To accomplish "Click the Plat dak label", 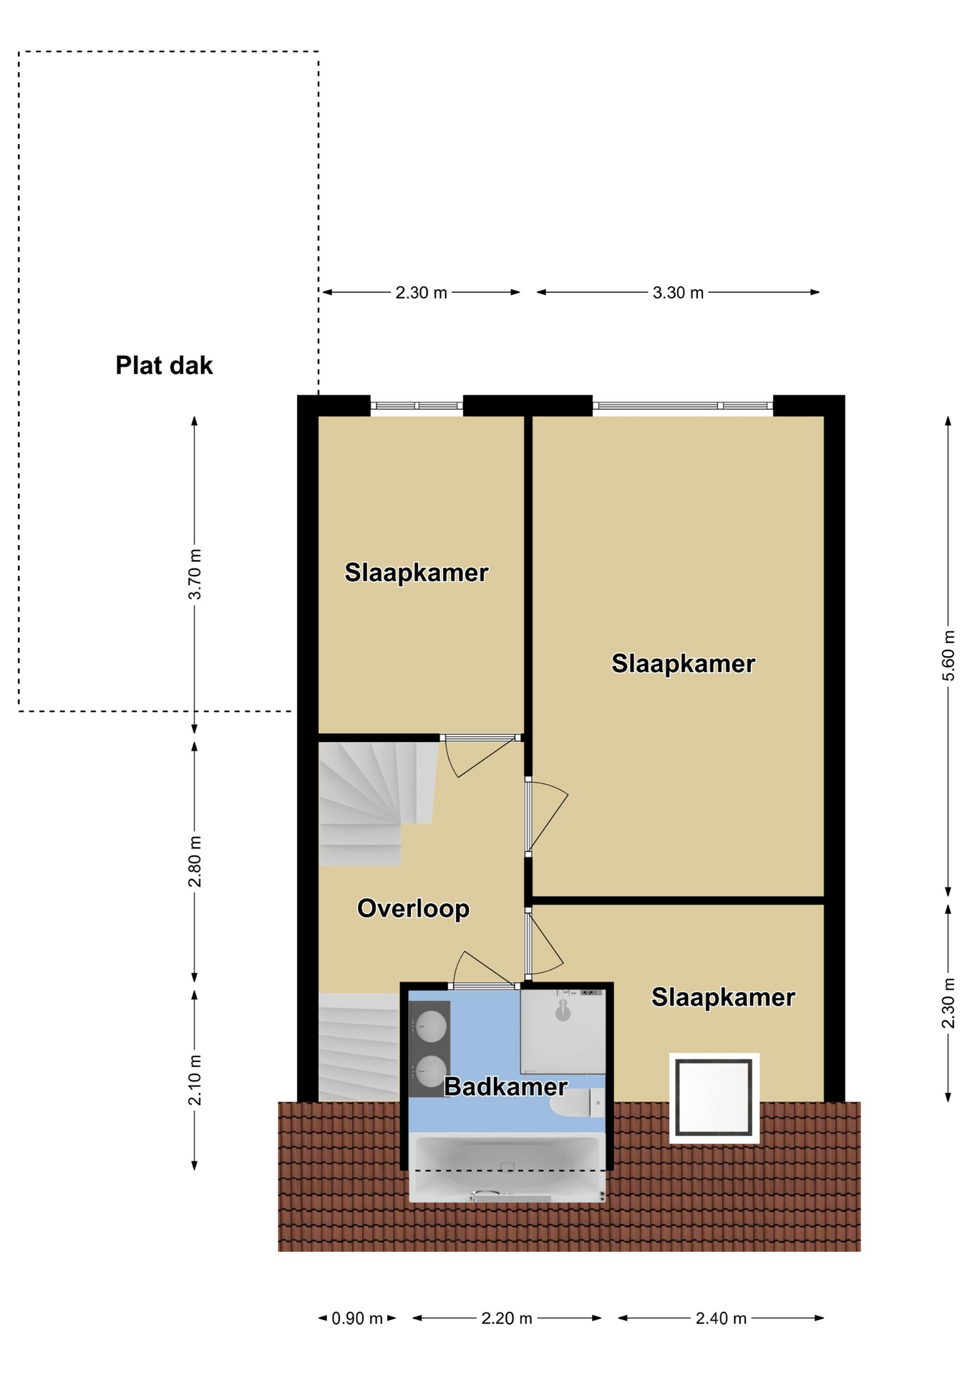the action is pos(164,365).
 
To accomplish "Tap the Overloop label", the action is pos(413,908).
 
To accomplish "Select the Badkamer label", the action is pos(505,1086).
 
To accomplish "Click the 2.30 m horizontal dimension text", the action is pos(422,292).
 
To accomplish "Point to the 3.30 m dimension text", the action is pos(678,292).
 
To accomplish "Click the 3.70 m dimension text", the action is pos(195,574).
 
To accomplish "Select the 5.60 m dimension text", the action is pos(948,656).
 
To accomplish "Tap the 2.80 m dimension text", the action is pos(195,862).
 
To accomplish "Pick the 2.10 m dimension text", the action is pos(195,1080).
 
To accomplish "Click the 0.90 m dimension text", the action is pos(357,1318).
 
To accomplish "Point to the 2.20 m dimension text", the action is pos(507,1318).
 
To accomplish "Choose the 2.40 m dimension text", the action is pos(721,1318).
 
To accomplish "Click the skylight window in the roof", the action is pos(714,1098).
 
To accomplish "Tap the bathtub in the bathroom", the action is pos(507,1167).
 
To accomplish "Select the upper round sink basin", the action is pos(432,1026).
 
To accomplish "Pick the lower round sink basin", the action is pos(432,1071).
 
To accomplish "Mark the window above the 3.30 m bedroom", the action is pos(683,405).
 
